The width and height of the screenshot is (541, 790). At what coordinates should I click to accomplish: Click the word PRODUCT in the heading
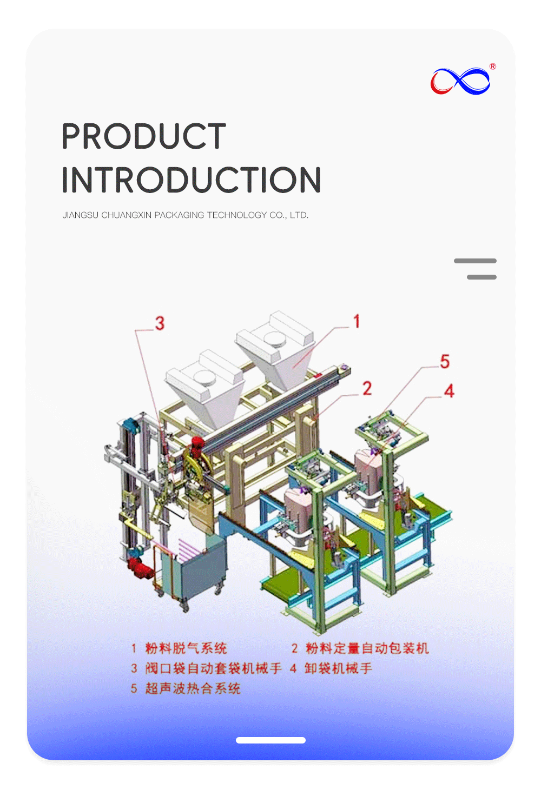(143, 136)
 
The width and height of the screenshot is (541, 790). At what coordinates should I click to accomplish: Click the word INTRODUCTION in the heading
(191, 180)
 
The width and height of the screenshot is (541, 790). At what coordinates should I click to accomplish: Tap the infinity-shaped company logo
(460, 81)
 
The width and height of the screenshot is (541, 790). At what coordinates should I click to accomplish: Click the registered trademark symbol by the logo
(493, 67)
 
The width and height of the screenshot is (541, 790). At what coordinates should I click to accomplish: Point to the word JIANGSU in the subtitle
(80, 215)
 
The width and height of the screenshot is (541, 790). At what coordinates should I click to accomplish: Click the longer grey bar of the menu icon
(475, 261)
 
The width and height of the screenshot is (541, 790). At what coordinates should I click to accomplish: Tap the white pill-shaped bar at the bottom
(270, 740)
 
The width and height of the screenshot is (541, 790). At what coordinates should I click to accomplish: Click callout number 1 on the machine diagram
(357, 321)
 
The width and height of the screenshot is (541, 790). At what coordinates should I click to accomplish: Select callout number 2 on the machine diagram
(367, 388)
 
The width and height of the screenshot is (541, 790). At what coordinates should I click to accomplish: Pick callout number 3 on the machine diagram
(160, 323)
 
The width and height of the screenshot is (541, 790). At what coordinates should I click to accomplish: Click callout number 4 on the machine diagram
(449, 391)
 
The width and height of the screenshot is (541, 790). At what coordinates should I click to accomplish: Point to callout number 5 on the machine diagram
(445, 361)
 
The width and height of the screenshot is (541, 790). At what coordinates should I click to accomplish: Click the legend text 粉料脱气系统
(186, 648)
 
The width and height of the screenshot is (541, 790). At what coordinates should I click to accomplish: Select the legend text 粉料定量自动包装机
(367, 648)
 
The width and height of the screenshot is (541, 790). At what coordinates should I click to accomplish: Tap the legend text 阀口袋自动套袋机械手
(213, 668)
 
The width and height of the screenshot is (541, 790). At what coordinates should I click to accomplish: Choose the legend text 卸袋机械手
(338, 668)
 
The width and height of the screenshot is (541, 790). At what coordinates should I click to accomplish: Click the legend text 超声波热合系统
(193, 688)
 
